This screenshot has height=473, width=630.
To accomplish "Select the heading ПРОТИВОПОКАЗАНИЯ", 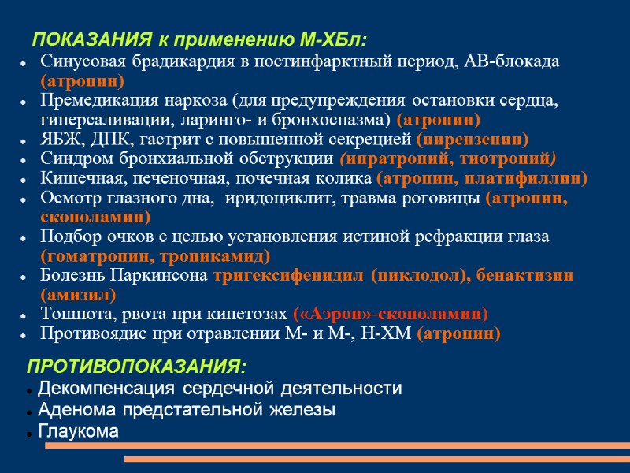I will click(x=137, y=367).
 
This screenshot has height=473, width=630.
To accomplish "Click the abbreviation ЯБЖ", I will click(x=60, y=140).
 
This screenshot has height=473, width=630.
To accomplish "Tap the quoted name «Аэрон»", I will click(x=324, y=314).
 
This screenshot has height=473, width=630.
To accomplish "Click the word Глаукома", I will click(x=78, y=431).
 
